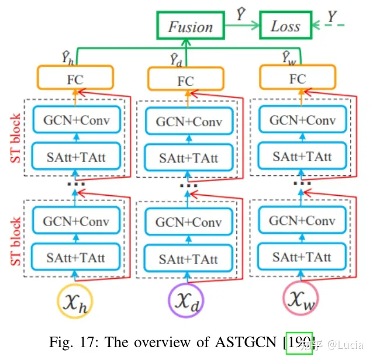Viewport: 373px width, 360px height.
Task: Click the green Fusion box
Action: coord(190,26)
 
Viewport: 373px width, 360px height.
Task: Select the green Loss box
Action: coord(285,26)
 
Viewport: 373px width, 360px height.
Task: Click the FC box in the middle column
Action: coord(185,79)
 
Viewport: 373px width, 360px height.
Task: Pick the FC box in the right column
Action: coord(298,78)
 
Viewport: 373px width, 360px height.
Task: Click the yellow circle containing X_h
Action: coord(75,301)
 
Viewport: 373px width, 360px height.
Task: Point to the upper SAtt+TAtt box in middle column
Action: coord(189,158)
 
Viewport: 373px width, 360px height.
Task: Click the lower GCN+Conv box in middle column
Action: coord(189,222)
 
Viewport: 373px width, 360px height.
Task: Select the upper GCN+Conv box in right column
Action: coord(302,120)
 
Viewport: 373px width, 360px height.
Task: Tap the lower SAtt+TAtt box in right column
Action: coord(302,256)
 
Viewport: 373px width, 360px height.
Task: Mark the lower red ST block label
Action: coord(15,241)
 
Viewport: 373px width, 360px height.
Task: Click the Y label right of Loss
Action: coord(331,18)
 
